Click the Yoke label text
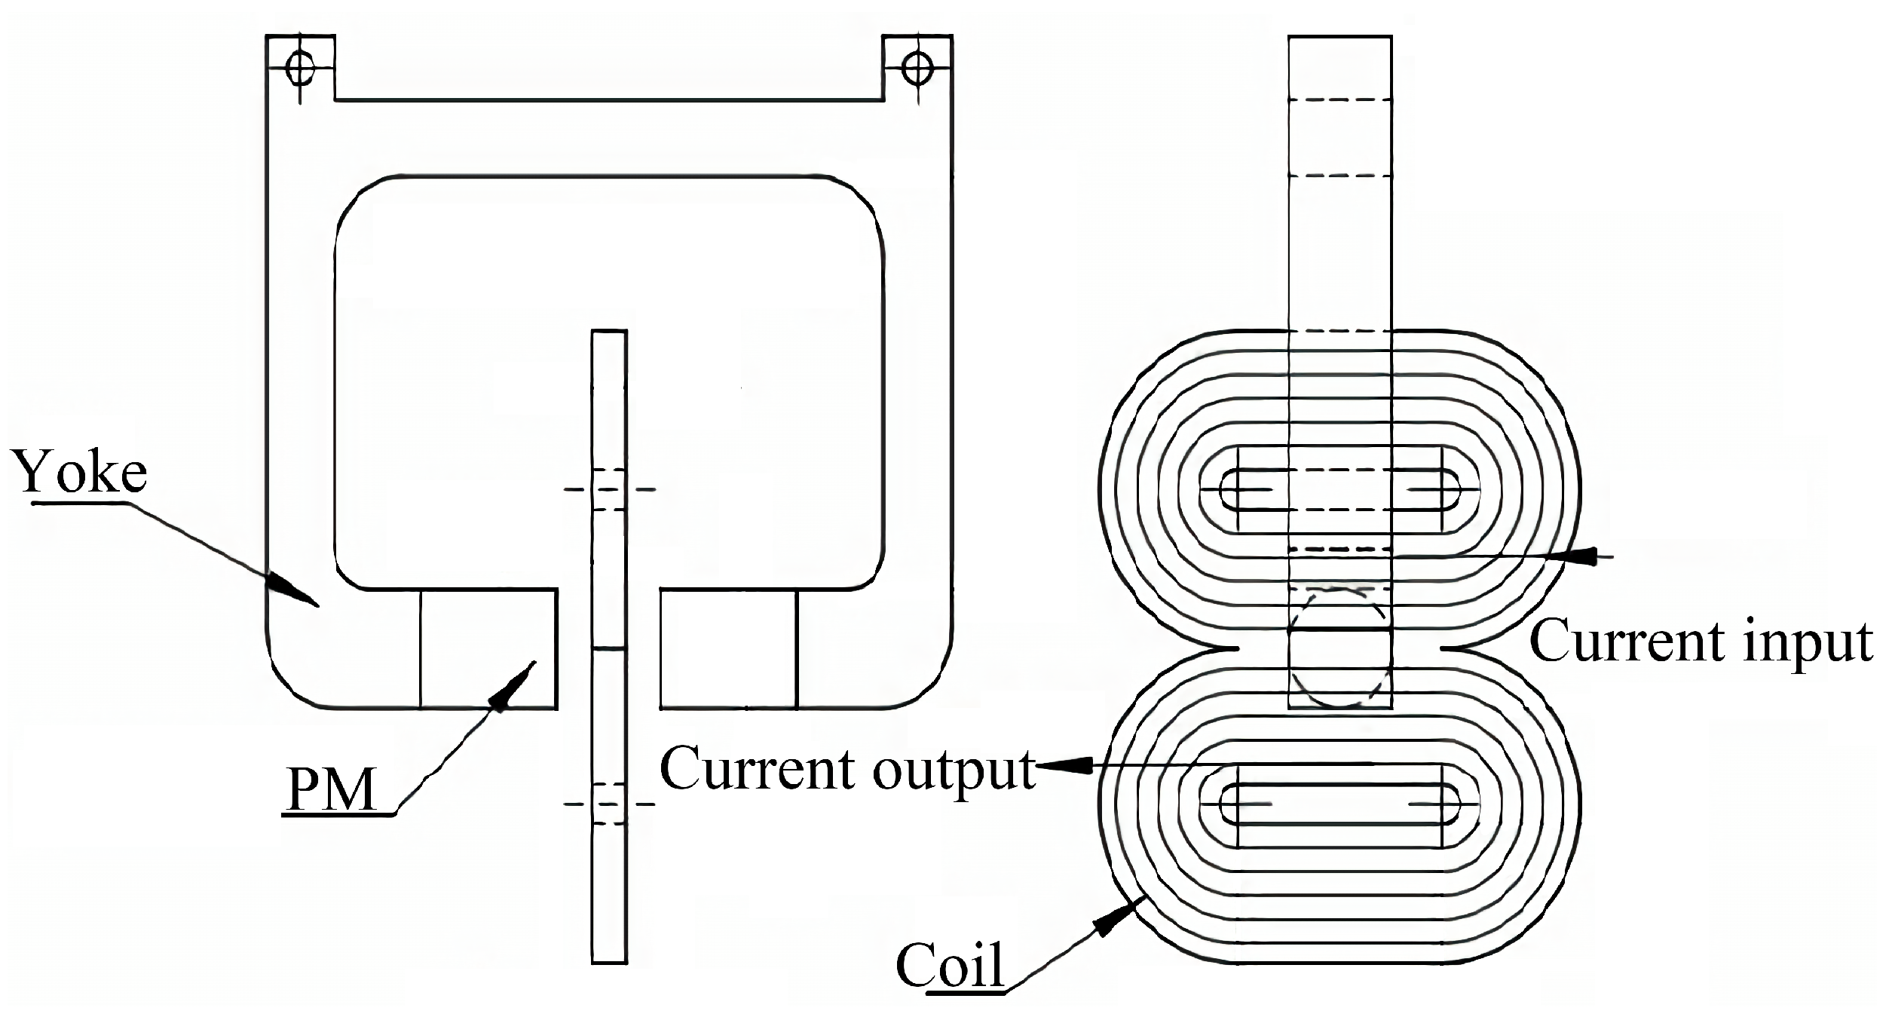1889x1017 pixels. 81,472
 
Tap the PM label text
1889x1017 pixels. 332,790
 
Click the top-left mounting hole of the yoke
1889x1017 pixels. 300,69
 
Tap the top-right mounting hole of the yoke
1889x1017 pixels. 917,69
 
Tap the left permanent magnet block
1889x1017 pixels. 488,648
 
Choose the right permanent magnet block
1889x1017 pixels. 728,648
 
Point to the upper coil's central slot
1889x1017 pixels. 1339,490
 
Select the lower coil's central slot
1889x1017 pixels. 1339,804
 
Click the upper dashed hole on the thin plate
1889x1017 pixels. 609,490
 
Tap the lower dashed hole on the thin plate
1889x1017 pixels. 609,804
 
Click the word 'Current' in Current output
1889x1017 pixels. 761,770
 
